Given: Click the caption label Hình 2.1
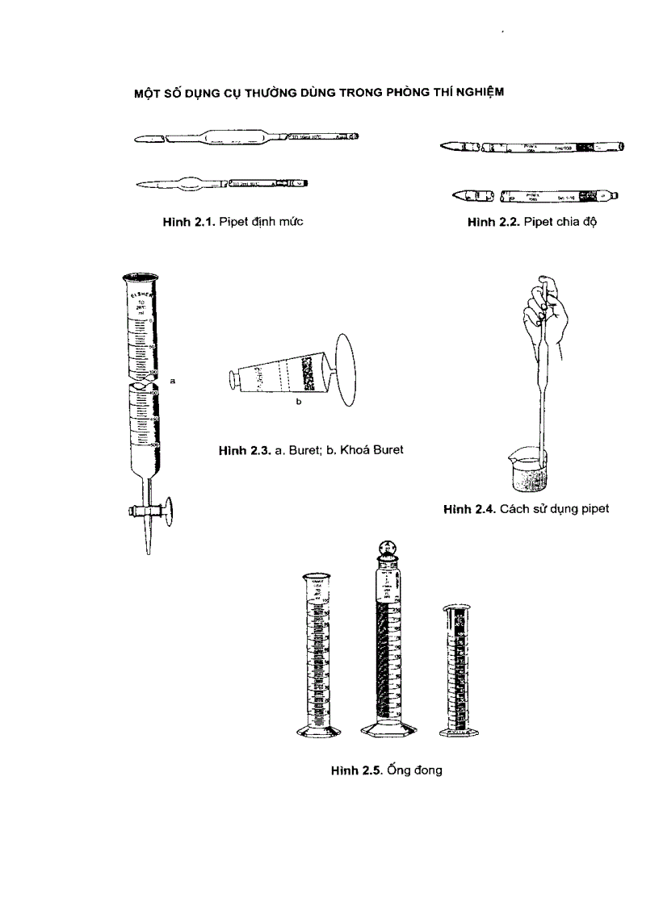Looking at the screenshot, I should (189, 221).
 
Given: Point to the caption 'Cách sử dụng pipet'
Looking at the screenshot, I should (554, 508).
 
